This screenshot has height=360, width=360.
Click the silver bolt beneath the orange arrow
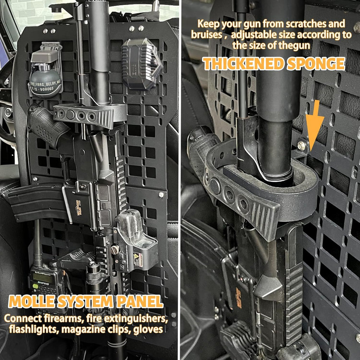coord(301,145)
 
